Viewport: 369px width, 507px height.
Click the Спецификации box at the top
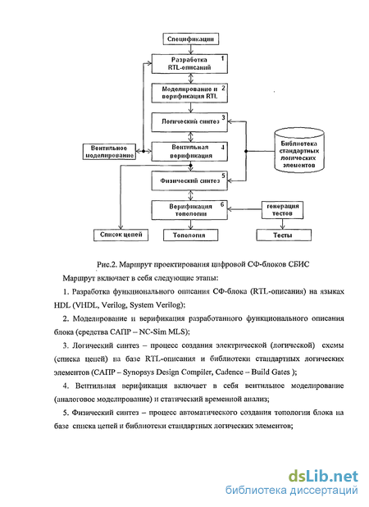click(x=190, y=39)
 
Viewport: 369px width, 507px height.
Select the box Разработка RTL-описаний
click(x=189, y=64)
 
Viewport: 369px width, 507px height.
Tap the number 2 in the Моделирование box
click(x=223, y=88)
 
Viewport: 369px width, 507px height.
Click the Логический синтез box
click(x=189, y=122)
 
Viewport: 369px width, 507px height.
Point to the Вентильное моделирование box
click(x=109, y=152)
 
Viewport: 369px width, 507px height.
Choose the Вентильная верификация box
click(x=189, y=151)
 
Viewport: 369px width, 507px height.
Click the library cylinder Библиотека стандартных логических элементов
click(x=298, y=150)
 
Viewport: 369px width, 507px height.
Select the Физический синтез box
click(x=189, y=180)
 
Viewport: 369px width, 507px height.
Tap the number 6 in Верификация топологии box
click(x=222, y=204)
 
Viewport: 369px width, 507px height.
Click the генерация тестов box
click(x=282, y=210)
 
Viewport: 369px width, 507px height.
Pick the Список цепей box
click(x=121, y=235)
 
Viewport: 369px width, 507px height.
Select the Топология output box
click(x=190, y=235)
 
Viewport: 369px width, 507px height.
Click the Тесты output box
click(x=284, y=235)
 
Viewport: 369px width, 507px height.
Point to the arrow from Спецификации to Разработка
click(x=190, y=49)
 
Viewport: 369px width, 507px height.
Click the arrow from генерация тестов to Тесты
click(x=283, y=224)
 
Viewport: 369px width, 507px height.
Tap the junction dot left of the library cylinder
click(x=246, y=151)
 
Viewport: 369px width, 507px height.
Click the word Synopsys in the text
click(x=139, y=372)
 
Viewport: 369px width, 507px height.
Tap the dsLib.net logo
click(x=322, y=476)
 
